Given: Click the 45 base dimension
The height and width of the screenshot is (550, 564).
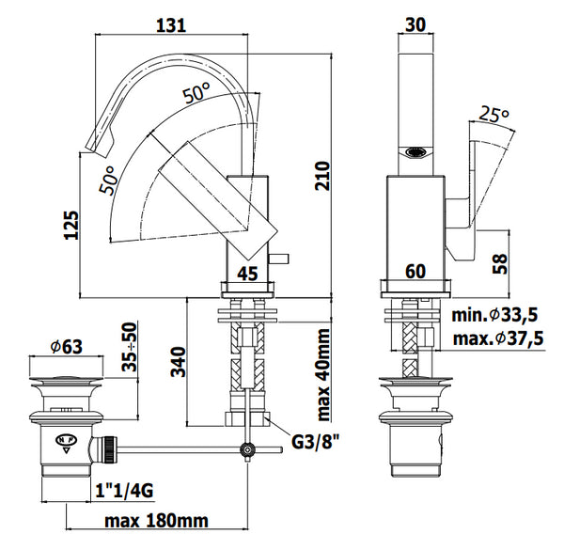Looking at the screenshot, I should tap(246, 275).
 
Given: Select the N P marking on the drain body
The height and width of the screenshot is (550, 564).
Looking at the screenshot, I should tap(65, 439).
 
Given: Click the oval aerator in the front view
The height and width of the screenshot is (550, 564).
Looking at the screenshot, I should tap(415, 152).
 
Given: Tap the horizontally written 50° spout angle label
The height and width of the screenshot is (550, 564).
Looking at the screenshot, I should tap(196, 94).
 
